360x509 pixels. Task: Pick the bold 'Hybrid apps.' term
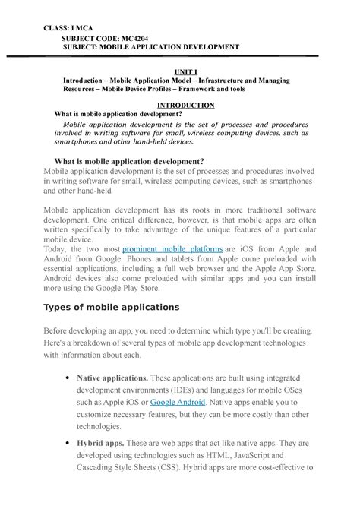[103, 442]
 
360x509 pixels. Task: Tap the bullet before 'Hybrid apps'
[70, 443]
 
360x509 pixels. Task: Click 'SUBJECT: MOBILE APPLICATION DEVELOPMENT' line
[151, 47]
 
